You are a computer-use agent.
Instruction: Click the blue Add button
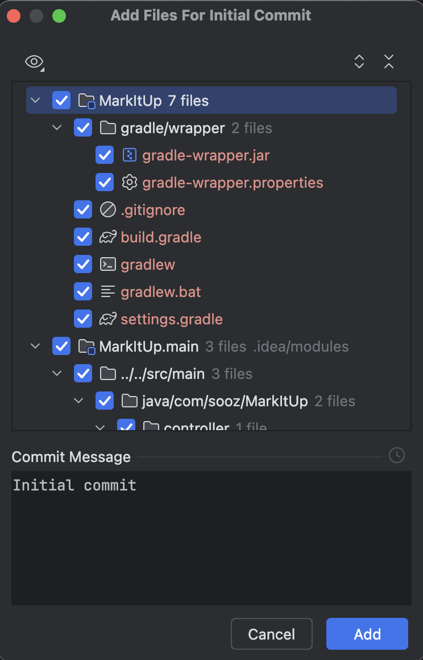(x=367, y=634)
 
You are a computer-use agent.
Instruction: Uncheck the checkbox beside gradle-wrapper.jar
(x=105, y=155)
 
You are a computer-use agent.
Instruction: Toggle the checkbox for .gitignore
(x=83, y=210)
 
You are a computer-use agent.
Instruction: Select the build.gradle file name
(x=161, y=237)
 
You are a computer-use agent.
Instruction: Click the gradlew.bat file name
(x=161, y=292)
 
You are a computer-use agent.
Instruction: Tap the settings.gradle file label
(x=172, y=319)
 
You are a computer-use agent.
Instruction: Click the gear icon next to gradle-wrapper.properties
(x=130, y=183)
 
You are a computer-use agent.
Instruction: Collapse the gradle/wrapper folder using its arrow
(x=57, y=128)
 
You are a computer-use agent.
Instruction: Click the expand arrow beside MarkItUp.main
(x=35, y=346)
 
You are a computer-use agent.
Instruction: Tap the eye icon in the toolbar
(x=34, y=61)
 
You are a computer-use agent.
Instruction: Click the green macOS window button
(x=59, y=16)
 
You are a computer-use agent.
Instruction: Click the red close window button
(x=14, y=16)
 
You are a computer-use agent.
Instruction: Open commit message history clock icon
(x=396, y=455)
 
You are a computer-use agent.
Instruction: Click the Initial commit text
(x=74, y=485)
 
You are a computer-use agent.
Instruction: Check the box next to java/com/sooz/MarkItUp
(x=105, y=401)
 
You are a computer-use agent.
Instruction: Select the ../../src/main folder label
(x=163, y=374)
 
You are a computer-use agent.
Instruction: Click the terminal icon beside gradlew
(x=107, y=265)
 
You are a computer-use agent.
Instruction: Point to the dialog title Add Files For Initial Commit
(x=211, y=15)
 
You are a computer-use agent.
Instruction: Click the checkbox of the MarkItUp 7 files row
(x=61, y=101)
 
